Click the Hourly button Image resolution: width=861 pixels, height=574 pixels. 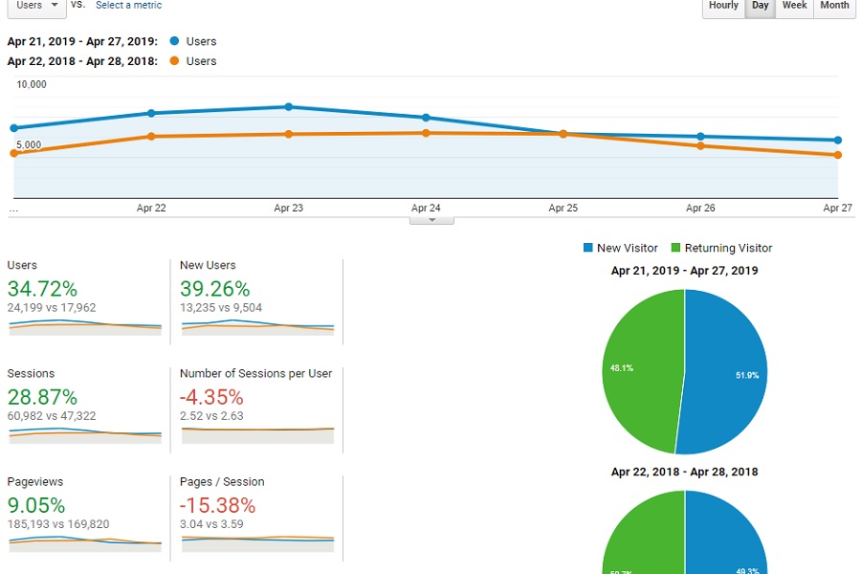(723, 6)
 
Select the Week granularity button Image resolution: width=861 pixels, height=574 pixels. (794, 6)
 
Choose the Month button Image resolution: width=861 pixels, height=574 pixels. (834, 6)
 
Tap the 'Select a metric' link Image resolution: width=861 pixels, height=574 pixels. (128, 6)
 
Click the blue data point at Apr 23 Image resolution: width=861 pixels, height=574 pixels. (288, 107)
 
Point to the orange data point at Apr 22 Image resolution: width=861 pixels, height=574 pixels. (151, 137)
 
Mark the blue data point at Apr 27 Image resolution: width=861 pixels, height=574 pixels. (837, 141)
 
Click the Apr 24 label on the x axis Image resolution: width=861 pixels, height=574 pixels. (426, 208)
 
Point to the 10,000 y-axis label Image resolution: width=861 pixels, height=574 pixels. (32, 84)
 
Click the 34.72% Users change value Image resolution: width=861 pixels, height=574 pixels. (42, 288)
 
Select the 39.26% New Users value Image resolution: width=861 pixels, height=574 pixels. (214, 288)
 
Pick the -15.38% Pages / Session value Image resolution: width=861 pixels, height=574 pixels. (217, 505)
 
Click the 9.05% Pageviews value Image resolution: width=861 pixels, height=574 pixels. (36, 505)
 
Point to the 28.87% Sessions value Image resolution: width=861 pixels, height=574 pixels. (42, 397)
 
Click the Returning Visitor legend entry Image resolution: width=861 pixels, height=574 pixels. (721, 249)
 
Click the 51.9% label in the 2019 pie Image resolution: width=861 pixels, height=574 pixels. (747, 376)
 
